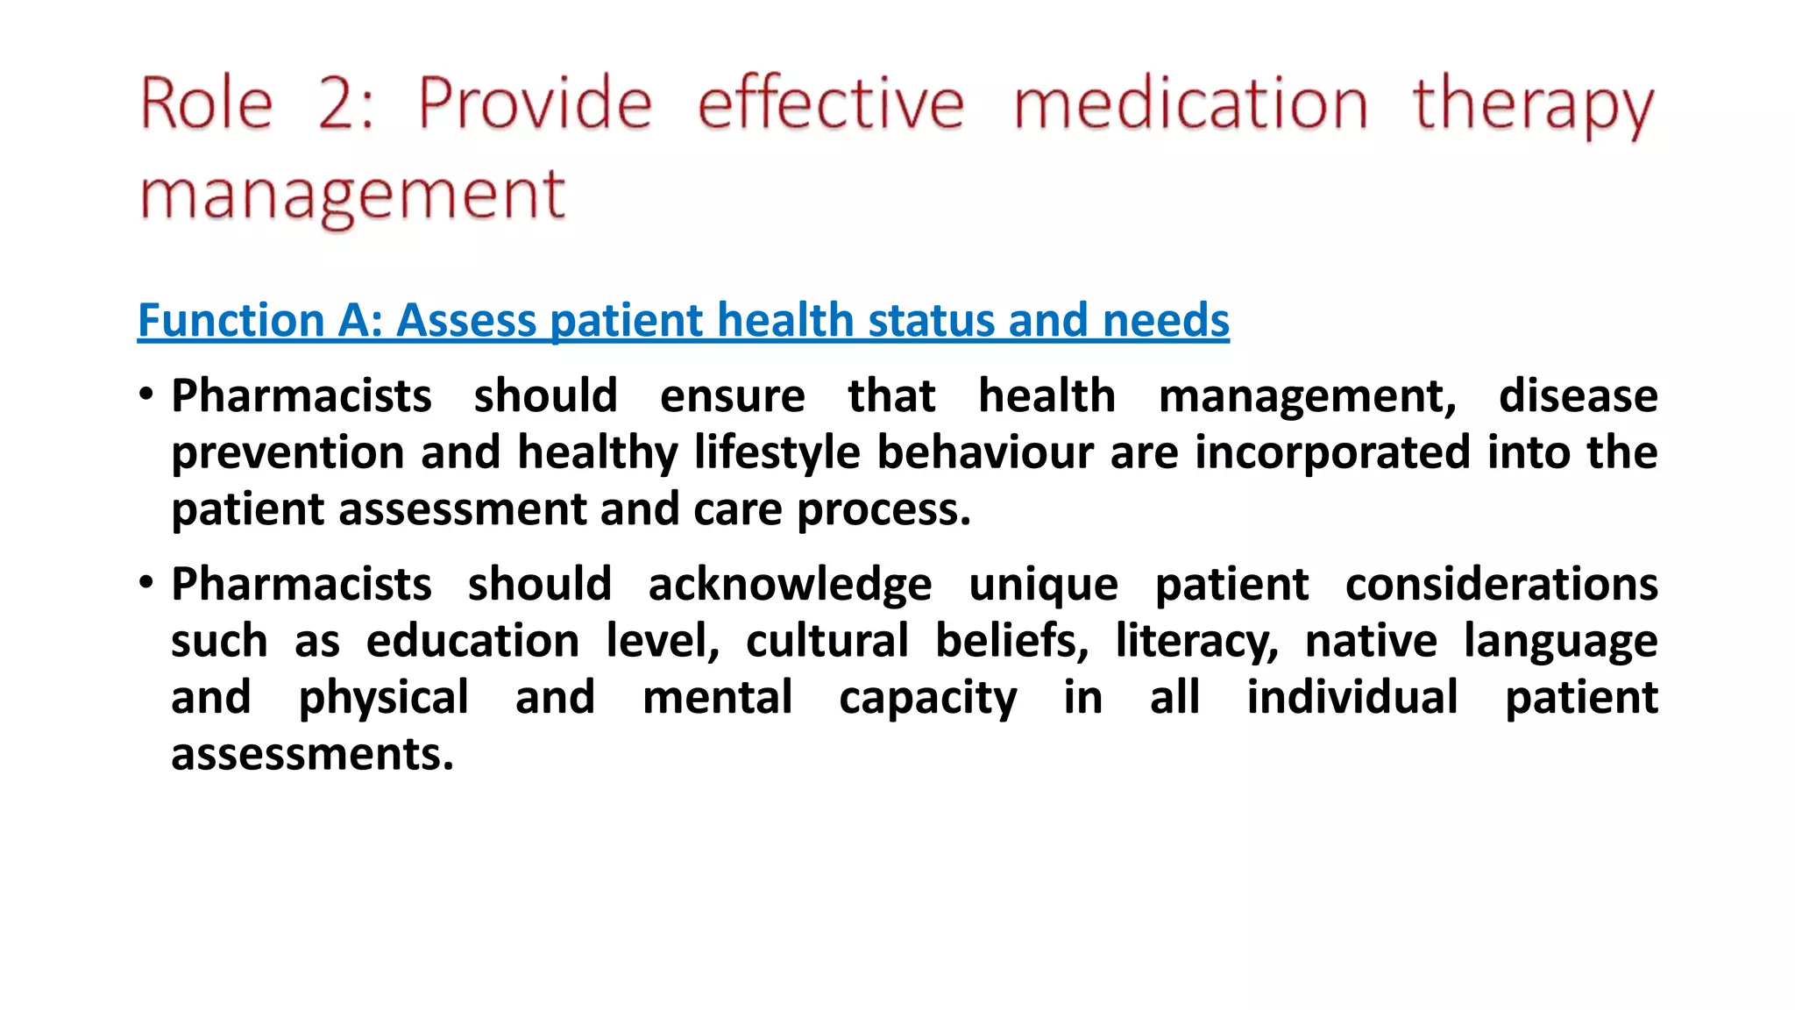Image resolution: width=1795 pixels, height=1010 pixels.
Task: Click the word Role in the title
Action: pyautogui.click(x=207, y=104)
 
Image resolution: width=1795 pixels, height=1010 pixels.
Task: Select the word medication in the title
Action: pyautogui.click(x=1189, y=104)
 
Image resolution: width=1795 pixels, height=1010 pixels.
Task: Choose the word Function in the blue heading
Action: pyautogui.click(x=231, y=320)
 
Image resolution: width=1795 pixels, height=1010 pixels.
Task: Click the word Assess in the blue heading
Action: pyautogui.click(x=466, y=320)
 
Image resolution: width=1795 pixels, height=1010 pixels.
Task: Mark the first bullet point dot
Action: pyautogui.click(x=146, y=394)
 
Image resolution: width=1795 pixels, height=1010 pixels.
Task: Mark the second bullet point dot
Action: pyautogui.click(x=146, y=582)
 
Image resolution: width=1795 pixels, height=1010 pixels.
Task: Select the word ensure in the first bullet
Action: pyautogui.click(x=732, y=396)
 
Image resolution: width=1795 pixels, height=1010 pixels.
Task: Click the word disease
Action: pyautogui.click(x=1578, y=396)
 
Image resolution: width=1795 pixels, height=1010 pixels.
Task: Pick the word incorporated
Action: pyautogui.click(x=1332, y=452)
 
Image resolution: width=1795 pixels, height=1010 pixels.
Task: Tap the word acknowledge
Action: pyautogui.click(x=790, y=585)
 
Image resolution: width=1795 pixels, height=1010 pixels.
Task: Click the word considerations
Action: pyautogui.click(x=1501, y=585)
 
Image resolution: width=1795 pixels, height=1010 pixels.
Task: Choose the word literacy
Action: pyautogui.click(x=1196, y=642)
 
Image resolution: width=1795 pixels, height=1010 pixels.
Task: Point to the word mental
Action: pyautogui.click(x=717, y=698)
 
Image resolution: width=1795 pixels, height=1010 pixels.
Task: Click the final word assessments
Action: pyautogui.click(x=312, y=754)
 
